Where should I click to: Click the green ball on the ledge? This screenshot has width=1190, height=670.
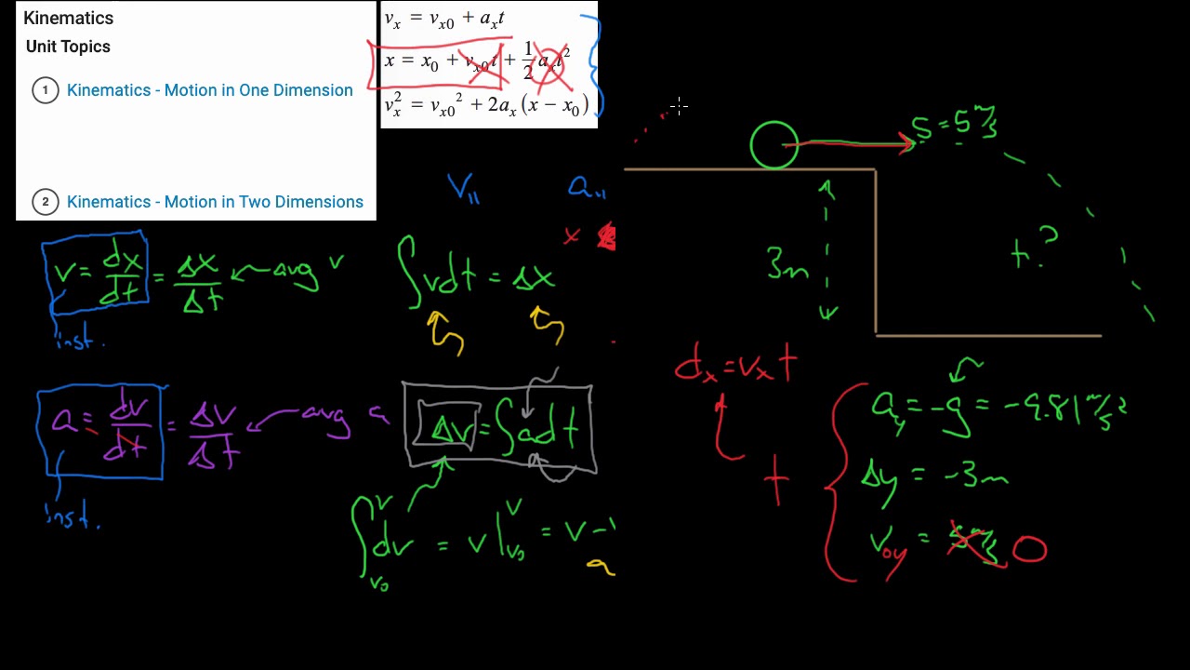[773, 146]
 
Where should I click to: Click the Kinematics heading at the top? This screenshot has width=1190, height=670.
[68, 18]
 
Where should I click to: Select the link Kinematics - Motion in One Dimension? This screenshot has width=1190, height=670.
[209, 90]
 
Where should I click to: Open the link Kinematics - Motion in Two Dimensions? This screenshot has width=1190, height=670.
[215, 202]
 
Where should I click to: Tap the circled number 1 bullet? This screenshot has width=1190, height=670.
[45, 90]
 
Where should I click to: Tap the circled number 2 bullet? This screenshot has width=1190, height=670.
[45, 202]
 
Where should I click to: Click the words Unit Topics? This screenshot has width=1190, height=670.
[68, 47]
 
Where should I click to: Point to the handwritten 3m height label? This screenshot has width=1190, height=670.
[787, 265]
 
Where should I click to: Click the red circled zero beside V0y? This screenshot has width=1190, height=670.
[1029, 549]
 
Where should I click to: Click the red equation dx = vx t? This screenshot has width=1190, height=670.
[735, 366]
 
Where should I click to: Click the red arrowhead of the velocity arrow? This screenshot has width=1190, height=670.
[906, 142]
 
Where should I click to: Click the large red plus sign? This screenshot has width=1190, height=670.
[776, 481]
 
